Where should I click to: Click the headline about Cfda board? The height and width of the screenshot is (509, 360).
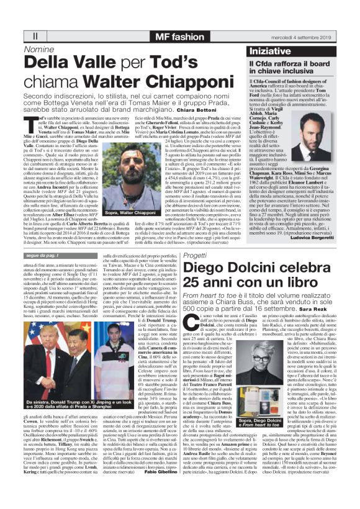pyautogui.click(x=290, y=67)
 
